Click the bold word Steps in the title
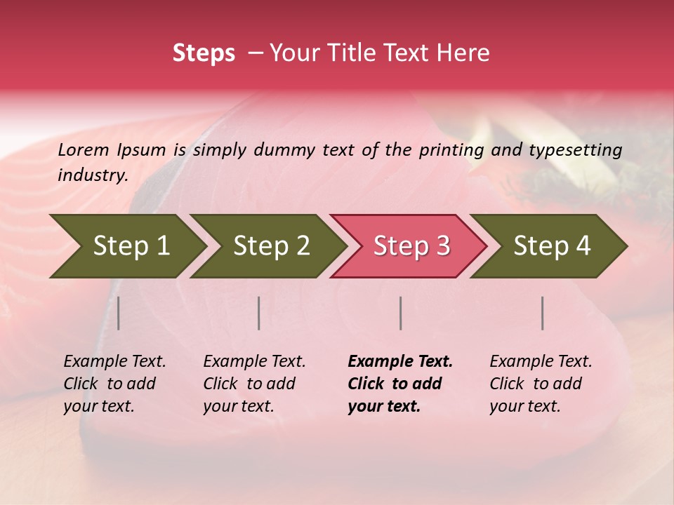click(x=204, y=53)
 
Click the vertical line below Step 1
click(x=119, y=313)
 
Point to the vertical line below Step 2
click(x=259, y=313)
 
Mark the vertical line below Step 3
click(x=400, y=313)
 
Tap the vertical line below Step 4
click(x=542, y=313)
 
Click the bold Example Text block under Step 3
click(x=400, y=384)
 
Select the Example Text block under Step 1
click(x=114, y=384)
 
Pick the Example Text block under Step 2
click(x=254, y=384)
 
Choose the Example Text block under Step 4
click(x=541, y=384)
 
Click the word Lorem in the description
click(x=84, y=149)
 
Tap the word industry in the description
click(x=92, y=175)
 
